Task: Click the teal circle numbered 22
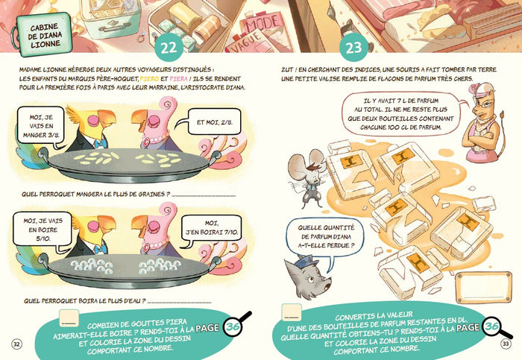click(169, 47)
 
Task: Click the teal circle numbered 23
click(353, 47)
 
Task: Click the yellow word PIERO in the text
click(149, 79)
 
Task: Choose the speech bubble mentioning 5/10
click(43, 230)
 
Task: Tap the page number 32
click(16, 344)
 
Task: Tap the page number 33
click(506, 344)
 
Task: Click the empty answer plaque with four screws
click(483, 288)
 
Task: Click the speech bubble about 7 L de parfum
click(400, 114)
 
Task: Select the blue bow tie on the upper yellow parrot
click(100, 144)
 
